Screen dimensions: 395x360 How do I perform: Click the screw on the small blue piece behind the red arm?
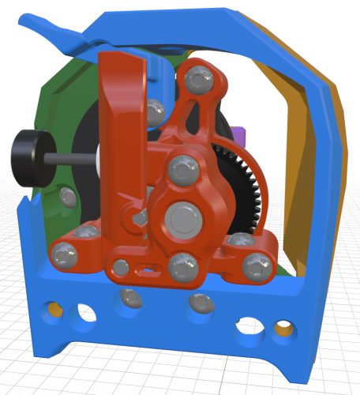156,111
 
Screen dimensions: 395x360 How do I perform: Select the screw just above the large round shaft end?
184,168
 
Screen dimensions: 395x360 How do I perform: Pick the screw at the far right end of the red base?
256,265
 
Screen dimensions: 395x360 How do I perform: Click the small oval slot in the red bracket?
146,271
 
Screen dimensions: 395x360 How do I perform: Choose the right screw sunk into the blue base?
201,303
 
